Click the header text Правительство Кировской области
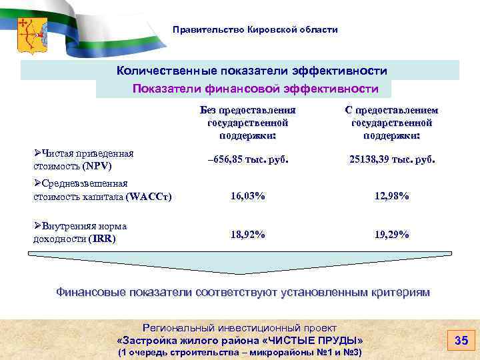click(x=255, y=30)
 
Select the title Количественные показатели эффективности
click(x=252, y=71)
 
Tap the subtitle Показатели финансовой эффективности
click(x=255, y=89)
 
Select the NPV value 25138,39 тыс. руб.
click(x=392, y=160)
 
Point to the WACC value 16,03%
click(x=248, y=196)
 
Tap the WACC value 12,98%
click(x=392, y=196)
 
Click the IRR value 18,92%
click(x=248, y=234)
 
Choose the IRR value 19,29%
click(x=392, y=234)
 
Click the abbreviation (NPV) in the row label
click(x=98, y=165)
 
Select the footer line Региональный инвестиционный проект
click(x=240, y=328)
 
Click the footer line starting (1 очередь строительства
click(x=240, y=351)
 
